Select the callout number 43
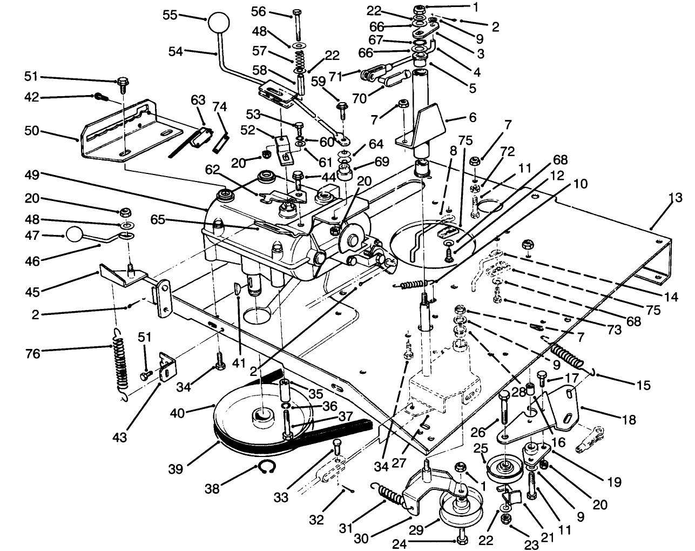click(x=119, y=436)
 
